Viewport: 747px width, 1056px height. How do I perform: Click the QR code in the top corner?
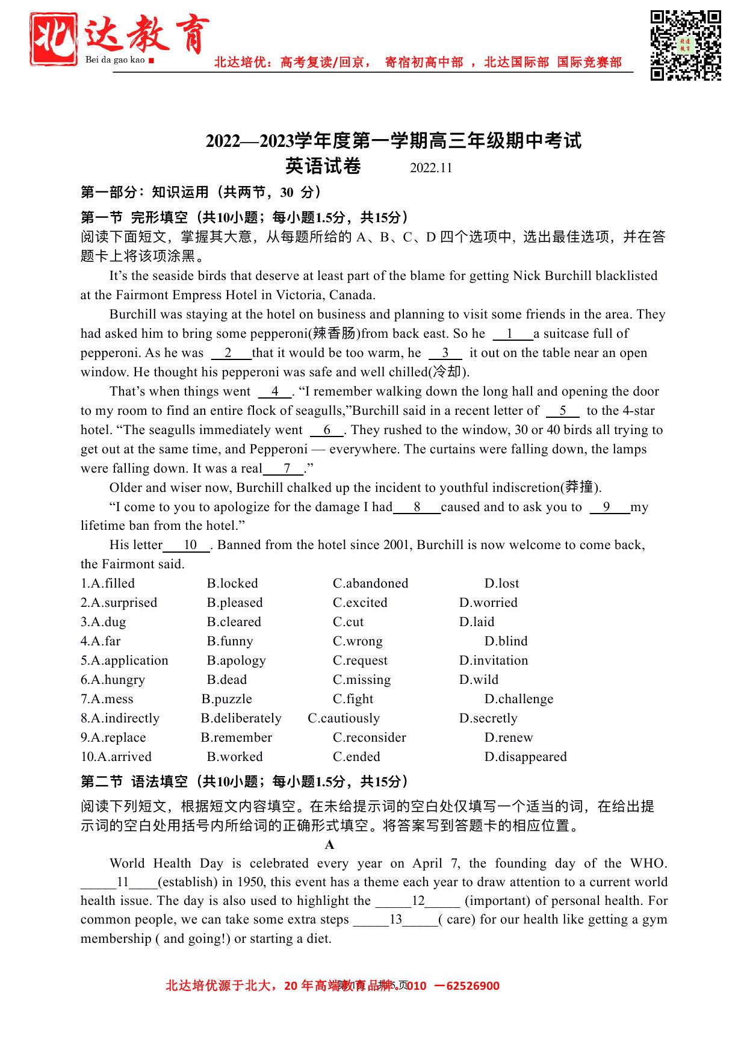tap(686, 45)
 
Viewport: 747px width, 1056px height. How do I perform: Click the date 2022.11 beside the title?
tap(430, 168)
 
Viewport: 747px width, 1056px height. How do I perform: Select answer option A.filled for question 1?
tap(108, 583)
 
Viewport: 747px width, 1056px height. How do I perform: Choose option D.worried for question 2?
tap(488, 603)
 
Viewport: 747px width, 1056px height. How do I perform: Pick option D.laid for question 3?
tap(476, 622)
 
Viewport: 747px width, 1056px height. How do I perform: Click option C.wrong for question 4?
tap(358, 641)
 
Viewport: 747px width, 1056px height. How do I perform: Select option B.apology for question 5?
tap(236, 660)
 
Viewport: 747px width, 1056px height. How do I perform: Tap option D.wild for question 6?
tap(479, 680)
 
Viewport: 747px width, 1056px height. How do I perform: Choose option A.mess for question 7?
tap(107, 699)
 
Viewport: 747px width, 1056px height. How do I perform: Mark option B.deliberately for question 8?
tap(241, 718)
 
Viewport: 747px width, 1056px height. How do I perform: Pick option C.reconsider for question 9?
tap(369, 738)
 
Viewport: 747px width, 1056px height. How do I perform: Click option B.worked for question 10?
tap(235, 757)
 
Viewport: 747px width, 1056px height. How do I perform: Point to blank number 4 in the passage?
tap(275, 391)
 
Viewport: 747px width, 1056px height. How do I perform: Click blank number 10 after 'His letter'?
tap(190, 545)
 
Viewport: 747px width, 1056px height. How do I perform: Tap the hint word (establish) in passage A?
tap(187, 882)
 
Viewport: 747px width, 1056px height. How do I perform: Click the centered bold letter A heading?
tap(329, 845)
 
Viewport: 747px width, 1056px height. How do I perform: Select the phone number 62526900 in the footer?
tap(471, 986)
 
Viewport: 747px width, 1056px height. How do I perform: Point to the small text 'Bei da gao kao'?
tap(116, 60)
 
